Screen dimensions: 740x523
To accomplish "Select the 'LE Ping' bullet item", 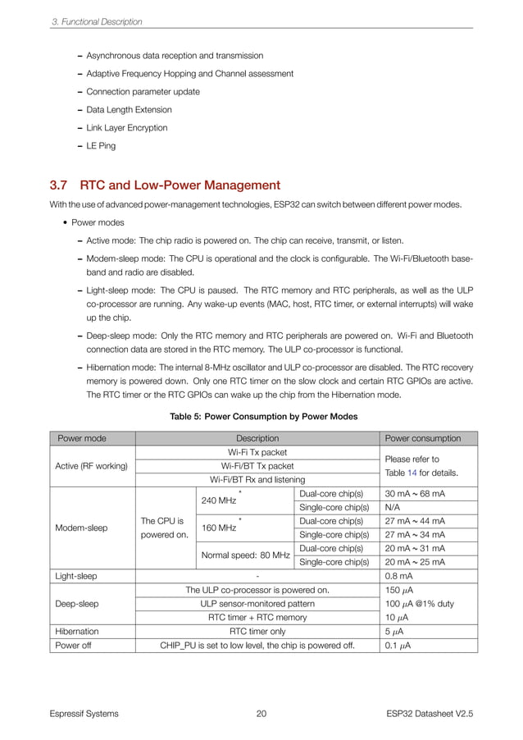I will pyautogui.click(x=101, y=146).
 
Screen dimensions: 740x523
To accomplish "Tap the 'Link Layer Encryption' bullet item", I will pyautogui.click(x=126, y=128).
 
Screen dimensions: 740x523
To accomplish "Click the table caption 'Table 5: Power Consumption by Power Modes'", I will pyautogui.click(x=263, y=417).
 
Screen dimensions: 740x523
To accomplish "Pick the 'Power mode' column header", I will pyautogui.click(x=80, y=438).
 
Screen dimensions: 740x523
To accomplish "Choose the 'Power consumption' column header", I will pyautogui.click(x=422, y=438).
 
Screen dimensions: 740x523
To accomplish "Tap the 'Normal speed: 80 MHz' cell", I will pyautogui.click(x=246, y=555).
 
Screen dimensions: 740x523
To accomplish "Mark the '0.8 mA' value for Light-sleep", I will pyautogui.click(x=398, y=577).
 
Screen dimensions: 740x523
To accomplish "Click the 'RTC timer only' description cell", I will pyautogui.click(x=257, y=632).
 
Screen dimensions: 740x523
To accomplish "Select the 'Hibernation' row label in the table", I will pyautogui.click(x=76, y=632).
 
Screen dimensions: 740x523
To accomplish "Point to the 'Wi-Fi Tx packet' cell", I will pyautogui.click(x=257, y=452).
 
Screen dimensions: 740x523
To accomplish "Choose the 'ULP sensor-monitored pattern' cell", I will pyautogui.click(x=257, y=604).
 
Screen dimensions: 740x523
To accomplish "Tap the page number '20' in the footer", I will pyautogui.click(x=261, y=714).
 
